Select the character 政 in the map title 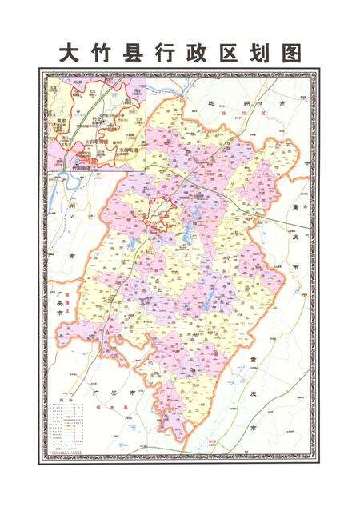[205, 53]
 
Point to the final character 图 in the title [293, 53]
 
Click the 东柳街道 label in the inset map [129, 150]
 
